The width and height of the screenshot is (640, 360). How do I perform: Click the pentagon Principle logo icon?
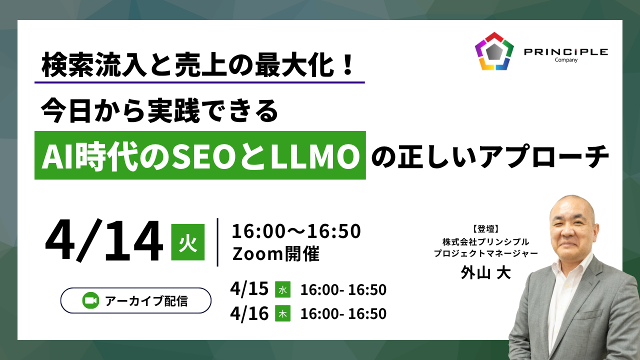[494, 51]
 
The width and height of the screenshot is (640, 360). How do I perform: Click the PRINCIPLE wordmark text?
[566, 52]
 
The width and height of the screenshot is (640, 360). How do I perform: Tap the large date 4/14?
[104, 240]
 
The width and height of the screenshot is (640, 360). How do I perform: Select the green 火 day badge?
[187, 242]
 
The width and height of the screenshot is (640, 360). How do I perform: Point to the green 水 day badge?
[282, 289]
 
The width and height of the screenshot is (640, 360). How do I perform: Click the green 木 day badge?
[282, 313]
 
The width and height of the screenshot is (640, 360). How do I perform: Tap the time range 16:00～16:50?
[296, 231]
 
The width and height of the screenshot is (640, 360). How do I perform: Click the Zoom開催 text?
[275, 253]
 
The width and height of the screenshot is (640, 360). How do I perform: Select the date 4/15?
[249, 289]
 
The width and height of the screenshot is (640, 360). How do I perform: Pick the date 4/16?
[249, 313]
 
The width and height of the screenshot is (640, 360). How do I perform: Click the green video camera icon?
[90, 300]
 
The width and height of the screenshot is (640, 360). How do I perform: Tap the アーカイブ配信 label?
[146, 301]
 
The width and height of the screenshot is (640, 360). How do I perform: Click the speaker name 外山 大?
[485, 272]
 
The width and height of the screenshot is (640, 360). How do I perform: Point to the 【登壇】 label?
[485, 229]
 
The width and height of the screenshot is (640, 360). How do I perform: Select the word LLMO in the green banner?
[315, 156]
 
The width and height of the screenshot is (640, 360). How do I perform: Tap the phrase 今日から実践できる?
[159, 111]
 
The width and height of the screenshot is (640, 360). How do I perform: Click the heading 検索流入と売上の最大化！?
[198, 64]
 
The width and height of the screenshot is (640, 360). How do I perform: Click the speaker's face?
[572, 231]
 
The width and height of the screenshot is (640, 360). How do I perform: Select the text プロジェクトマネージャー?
[485, 253]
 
